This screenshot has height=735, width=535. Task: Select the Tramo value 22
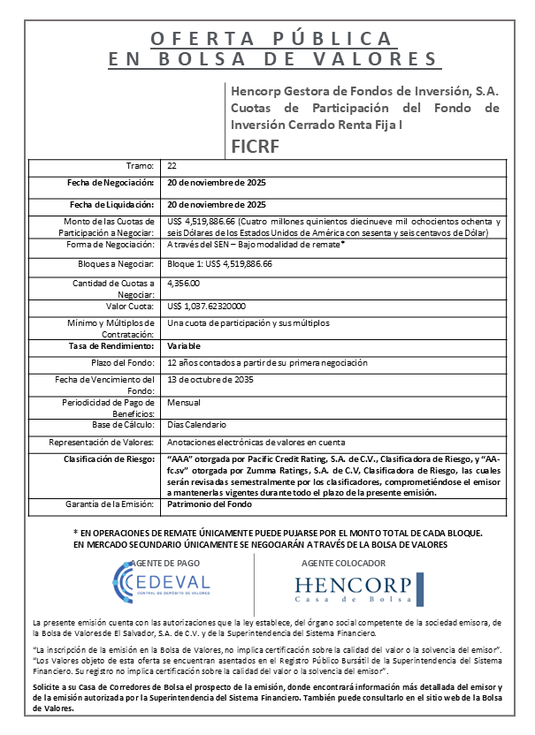click(x=172, y=165)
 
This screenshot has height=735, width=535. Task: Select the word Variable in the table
click(x=184, y=346)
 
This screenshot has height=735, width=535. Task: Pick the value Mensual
click(x=183, y=402)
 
